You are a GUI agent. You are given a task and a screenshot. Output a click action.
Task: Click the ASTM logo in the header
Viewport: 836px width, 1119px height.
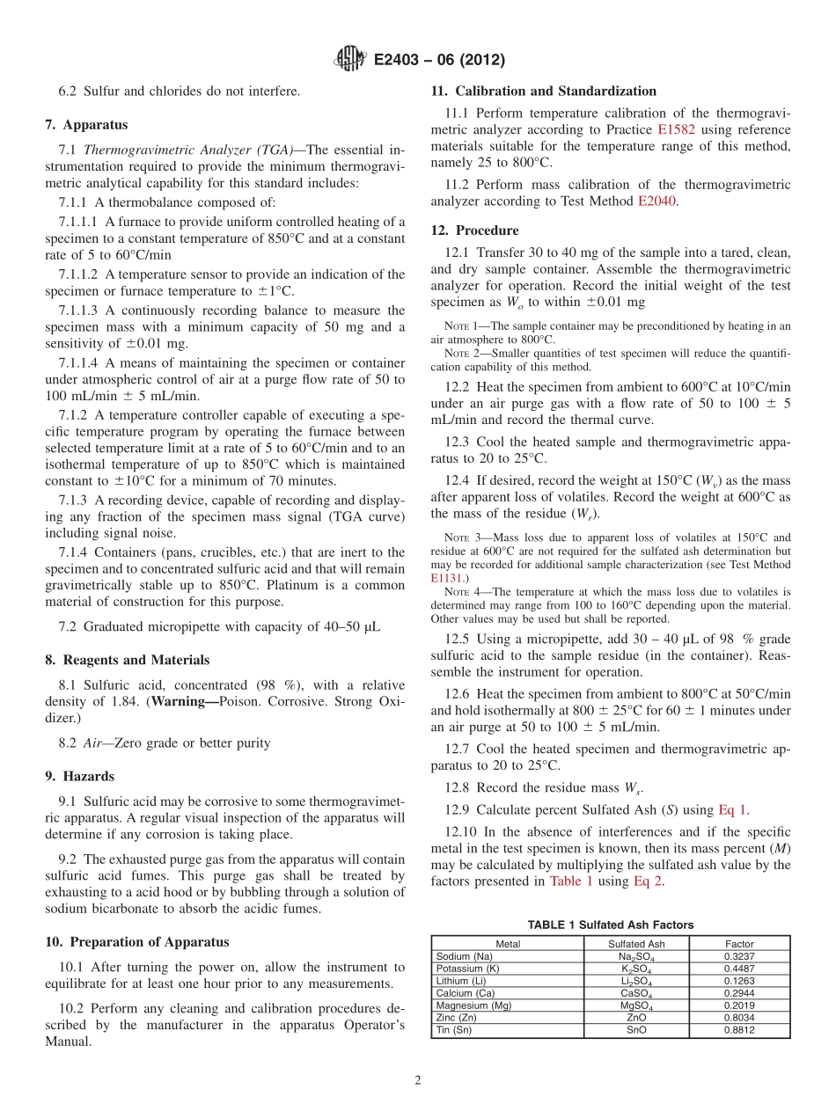point(350,59)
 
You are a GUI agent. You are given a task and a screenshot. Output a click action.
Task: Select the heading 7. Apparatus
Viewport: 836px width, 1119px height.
point(86,125)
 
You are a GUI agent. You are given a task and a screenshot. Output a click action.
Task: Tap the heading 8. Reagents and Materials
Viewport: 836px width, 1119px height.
point(127,660)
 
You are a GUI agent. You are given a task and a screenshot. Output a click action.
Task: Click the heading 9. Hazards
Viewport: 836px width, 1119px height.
point(79,776)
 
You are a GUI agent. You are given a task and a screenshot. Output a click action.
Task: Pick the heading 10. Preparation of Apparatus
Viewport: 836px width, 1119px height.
point(136,941)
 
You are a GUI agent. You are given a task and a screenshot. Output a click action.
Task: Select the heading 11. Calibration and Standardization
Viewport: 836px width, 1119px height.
point(543,91)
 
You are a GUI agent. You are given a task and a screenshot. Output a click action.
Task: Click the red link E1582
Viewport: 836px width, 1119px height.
point(676,129)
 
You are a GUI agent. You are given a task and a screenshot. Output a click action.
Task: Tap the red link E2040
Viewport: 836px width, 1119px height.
point(656,201)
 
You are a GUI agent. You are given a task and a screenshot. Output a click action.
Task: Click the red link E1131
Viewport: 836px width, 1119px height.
point(446,578)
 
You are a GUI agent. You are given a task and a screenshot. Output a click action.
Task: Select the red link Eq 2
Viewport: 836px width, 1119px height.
point(648,881)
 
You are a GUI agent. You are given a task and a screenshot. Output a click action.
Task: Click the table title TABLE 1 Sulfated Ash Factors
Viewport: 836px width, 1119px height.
point(610,925)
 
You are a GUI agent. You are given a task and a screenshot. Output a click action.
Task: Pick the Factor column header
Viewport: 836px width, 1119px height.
point(739,944)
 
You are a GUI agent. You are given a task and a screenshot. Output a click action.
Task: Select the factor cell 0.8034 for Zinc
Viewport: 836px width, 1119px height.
point(739,1018)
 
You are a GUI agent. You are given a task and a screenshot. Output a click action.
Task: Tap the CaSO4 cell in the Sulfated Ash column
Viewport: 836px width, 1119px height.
point(636,993)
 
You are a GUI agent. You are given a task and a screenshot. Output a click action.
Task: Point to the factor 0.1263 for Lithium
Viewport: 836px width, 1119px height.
point(739,981)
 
